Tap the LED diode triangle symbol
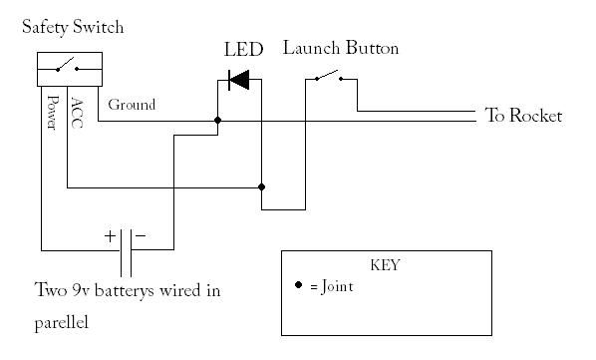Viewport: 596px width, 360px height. pos(238,80)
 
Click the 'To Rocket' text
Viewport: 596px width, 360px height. pos(523,116)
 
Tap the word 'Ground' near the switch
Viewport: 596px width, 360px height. pos(131,104)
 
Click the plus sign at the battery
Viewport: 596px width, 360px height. pos(110,237)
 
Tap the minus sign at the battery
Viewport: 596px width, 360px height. pos(141,236)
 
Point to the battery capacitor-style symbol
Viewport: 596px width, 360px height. pos(126,249)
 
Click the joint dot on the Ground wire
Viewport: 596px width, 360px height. pos(217,121)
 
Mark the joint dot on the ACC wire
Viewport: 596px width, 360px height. pos(261,186)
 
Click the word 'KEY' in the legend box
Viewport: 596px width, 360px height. pos(385,266)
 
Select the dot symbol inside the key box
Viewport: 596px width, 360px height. pos(299,285)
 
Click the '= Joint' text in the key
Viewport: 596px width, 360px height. pos(331,286)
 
